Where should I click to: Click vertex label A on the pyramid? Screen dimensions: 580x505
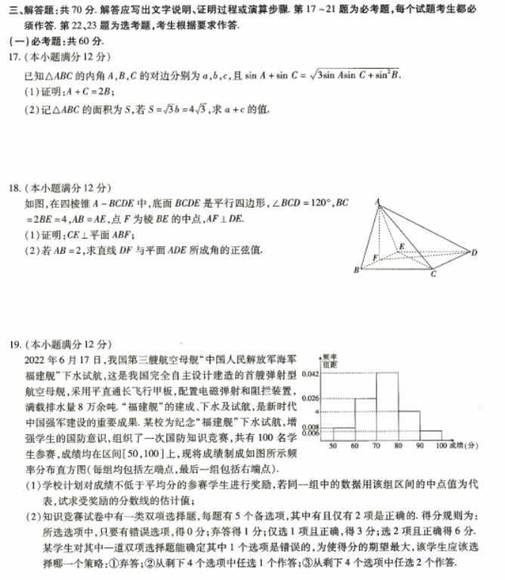point(375,200)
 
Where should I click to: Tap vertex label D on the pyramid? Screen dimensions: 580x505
point(474,252)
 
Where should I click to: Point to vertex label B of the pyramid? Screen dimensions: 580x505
point(356,270)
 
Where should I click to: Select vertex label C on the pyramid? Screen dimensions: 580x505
point(432,274)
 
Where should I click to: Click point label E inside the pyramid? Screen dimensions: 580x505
point(401,246)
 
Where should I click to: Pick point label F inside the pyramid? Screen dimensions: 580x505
point(376,258)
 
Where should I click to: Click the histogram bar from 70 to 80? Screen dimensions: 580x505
point(387,405)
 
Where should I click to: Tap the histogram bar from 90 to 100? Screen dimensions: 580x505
point(431,434)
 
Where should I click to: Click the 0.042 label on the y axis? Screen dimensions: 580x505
point(310,374)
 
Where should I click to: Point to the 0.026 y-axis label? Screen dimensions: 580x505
point(310,398)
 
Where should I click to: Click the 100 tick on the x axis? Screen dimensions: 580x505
point(441,446)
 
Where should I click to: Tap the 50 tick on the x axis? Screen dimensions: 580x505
point(333,446)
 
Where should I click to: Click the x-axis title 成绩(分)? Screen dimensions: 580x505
point(464,446)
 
